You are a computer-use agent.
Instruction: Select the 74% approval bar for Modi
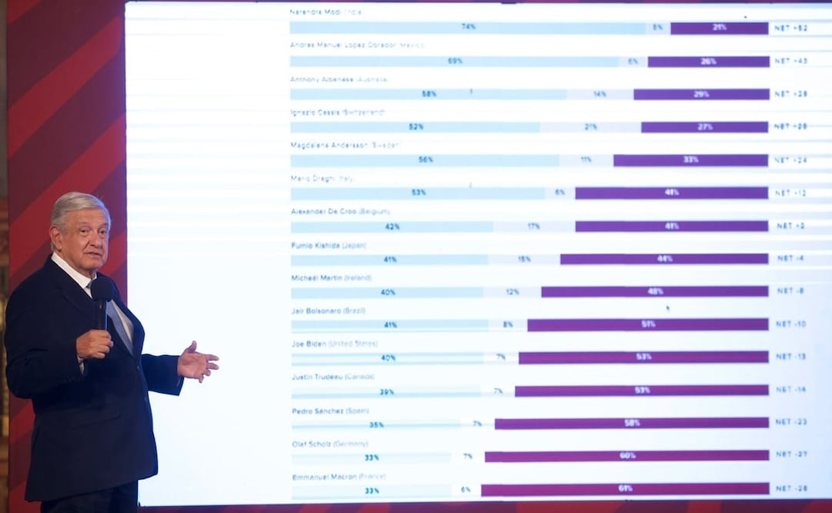(468, 28)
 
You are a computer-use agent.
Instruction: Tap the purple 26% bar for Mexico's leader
(708, 62)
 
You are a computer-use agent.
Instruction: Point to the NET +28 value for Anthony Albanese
(790, 94)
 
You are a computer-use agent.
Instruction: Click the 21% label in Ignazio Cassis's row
(590, 127)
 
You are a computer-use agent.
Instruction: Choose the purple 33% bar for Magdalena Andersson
(690, 160)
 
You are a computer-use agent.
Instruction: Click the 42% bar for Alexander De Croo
(392, 226)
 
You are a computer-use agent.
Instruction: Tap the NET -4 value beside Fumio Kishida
(790, 259)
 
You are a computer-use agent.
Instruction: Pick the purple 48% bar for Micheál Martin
(655, 292)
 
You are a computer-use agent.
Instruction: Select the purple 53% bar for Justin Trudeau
(641, 391)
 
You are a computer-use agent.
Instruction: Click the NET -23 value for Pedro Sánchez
(790, 422)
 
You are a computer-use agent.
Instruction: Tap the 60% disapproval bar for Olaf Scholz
(627, 456)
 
